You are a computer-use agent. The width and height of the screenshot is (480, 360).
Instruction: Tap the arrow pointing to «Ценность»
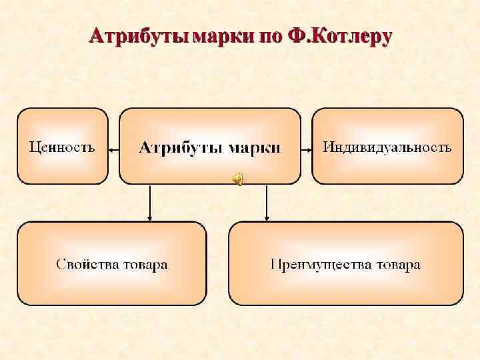click(113, 150)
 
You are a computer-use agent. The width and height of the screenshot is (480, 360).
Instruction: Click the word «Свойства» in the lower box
click(86, 265)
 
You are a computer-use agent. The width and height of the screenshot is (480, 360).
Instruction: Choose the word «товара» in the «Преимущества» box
click(398, 265)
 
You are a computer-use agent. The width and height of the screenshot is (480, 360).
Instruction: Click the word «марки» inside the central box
click(254, 147)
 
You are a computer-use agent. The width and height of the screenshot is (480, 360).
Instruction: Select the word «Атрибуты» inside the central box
click(180, 147)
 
